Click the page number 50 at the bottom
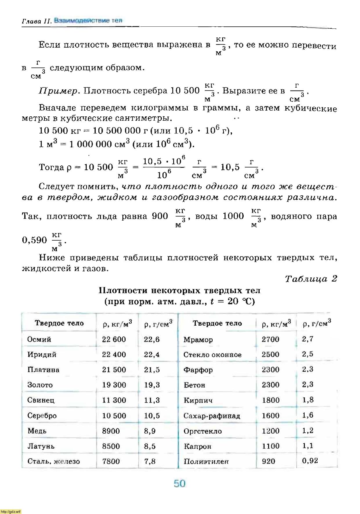pyautogui.click(x=179, y=484)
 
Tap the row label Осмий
pyautogui.click(x=39, y=339)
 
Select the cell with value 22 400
pyautogui.click(x=114, y=354)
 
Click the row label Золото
pyautogui.click(x=40, y=385)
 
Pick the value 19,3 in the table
pyautogui.click(x=152, y=385)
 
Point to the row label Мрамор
pyautogui.click(x=198, y=340)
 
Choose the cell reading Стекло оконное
pyautogui.click(x=212, y=355)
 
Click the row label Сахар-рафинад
pyautogui.click(x=212, y=416)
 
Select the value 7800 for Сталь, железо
pyautogui.click(x=111, y=461)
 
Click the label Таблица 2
pyautogui.click(x=311, y=279)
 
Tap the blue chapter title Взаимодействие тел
pyautogui.click(x=88, y=21)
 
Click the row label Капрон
pyautogui.click(x=197, y=446)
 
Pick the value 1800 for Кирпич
pyautogui.click(x=271, y=400)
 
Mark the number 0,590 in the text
pyautogui.click(x=34, y=240)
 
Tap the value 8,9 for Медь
pyautogui.click(x=150, y=431)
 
